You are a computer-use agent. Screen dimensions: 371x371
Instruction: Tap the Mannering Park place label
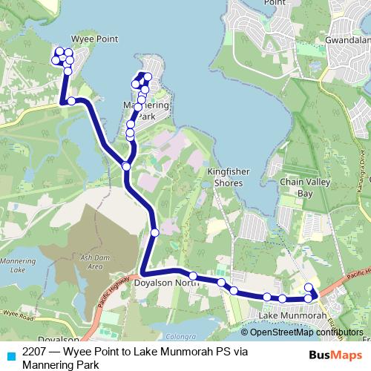(x=145, y=112)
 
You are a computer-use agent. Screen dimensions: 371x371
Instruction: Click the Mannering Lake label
(x=17, y=266)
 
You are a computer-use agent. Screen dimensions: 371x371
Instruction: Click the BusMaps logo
(x=331, y=356)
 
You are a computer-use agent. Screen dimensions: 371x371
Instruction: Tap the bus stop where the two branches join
(x=126, y=167)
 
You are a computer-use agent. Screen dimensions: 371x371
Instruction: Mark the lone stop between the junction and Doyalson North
(x=154, y=233)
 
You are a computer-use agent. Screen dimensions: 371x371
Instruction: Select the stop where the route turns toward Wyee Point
(x=70, y=101)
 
